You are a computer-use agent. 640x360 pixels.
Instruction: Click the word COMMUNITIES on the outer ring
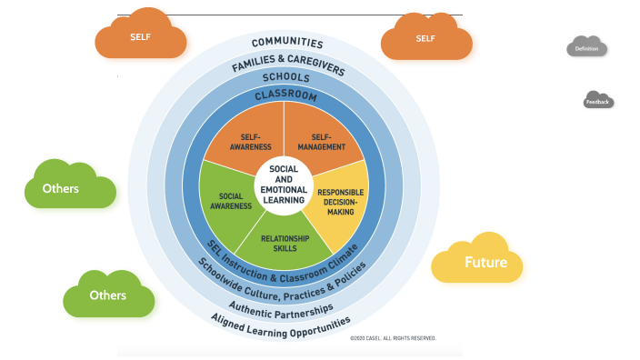tap(286, 43)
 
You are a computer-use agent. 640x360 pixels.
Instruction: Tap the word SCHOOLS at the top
tap(285, 78)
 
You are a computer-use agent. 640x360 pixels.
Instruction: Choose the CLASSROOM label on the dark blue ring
tap(285, 95)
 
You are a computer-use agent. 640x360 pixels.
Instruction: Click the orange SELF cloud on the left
tap(141, 37)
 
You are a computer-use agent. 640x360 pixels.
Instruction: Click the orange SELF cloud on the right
tap(425, 39)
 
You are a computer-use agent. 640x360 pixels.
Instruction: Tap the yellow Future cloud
tap(479, 261)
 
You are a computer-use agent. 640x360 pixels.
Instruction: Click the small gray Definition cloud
tap(586, 47)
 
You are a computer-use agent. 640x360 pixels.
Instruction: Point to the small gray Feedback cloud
tap(597, 102)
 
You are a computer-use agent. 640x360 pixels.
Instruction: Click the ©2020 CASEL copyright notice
tap(393, 337)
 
